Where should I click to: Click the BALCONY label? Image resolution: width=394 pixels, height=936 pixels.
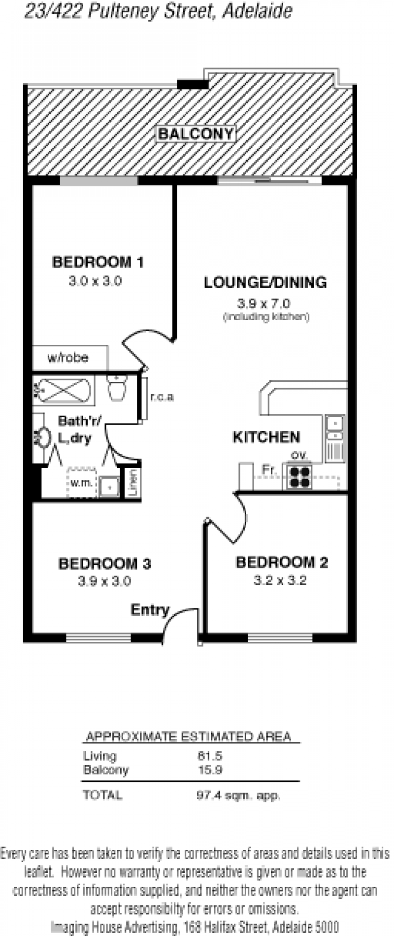pos(196,134)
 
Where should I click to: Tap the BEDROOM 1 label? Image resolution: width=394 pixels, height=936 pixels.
pos(98,262)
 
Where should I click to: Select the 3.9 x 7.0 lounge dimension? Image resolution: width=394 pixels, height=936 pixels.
pos(264,303)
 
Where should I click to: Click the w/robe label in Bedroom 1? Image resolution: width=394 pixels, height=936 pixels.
pos(68,358)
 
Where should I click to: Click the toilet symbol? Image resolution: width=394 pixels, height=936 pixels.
pos(117,388)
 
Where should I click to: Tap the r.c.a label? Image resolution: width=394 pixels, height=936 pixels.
pos(162,397)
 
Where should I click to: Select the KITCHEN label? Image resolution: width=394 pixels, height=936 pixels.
pos(266,437)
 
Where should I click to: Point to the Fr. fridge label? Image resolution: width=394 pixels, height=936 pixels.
pos(269,470)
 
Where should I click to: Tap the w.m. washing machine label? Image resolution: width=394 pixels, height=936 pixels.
pos(81,483)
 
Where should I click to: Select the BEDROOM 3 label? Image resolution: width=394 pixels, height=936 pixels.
pos(104,564)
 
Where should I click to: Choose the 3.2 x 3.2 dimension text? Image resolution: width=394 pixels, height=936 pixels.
pos(280,580)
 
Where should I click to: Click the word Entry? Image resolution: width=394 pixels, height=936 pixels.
pos(150,610)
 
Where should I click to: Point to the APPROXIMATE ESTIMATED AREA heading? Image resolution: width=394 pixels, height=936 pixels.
pos(189,736)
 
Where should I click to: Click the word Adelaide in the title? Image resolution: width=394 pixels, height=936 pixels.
pos(257,11)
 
